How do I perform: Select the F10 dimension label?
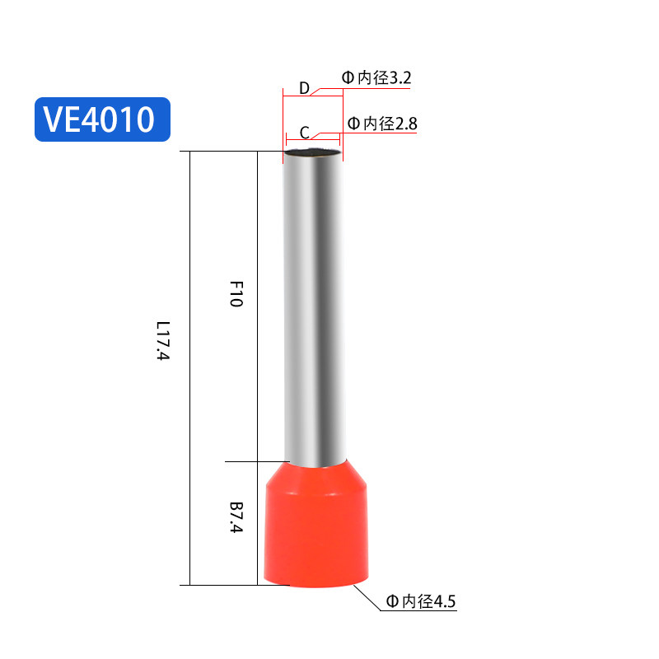pyautogui.click(x=235, y=294)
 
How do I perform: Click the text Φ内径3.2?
pyautogui.click(x=376, y=78)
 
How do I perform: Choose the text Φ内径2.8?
pyautogui.click(x=383, y=124)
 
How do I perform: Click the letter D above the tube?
pyautogui.click(x=303, y=88)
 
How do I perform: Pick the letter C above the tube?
pyautogui.click(x=304, y=133)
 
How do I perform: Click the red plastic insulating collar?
pyautogui.click(x=315, y=527)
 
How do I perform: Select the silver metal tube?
pyautogui.click(x=313, y=305)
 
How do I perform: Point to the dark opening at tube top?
pyautogui.click(x=312, y=152)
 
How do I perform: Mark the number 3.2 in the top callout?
pyautogui.click(x=399, y=78)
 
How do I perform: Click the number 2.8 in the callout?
pyautogui.click(x=405, y=124)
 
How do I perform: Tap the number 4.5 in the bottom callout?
pyautogui.click(x=443, y=601)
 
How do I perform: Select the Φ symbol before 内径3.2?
pyautogui.click(x=348, y=78)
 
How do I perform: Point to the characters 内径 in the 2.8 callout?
pyautogui.click(x=378, y=124)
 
